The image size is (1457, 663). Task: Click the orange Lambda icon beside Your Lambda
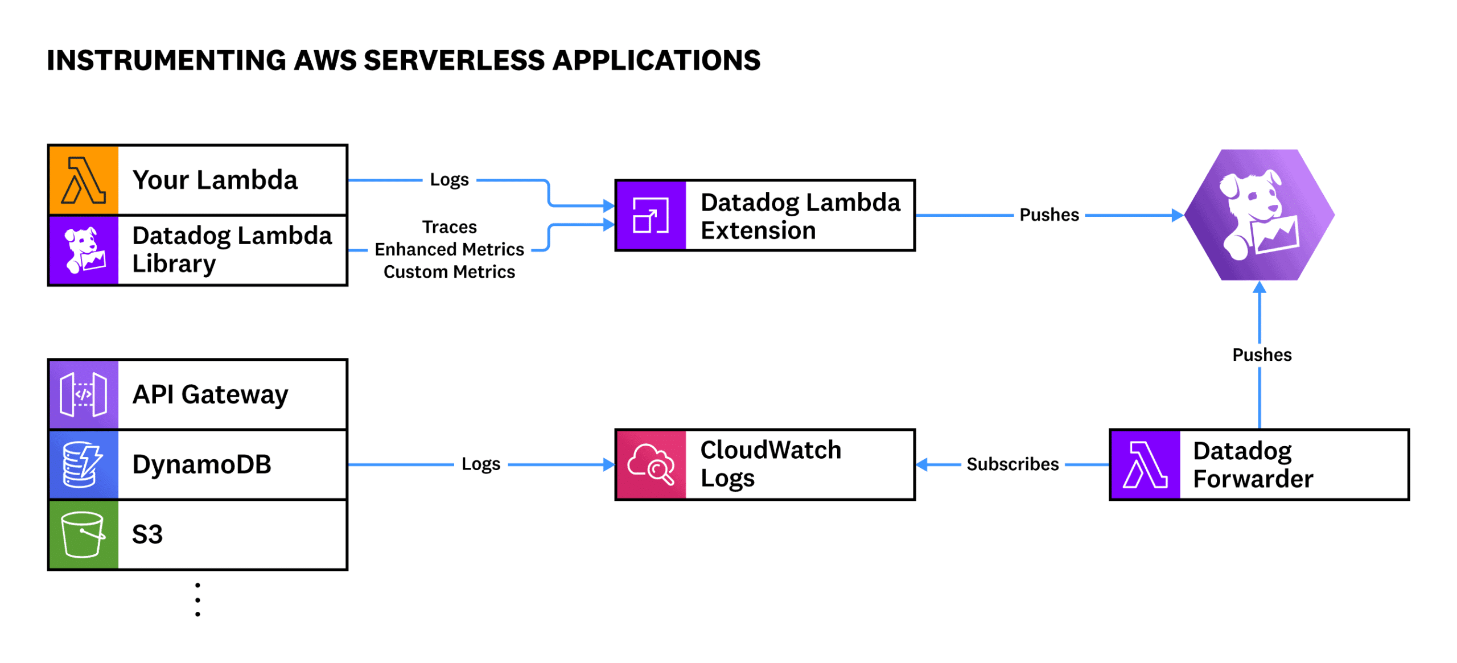click(84, 180)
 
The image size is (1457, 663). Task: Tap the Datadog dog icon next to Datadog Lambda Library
click(84, 250)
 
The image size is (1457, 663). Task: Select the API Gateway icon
click(84, 394)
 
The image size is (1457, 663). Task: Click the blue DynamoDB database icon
click(84, 464)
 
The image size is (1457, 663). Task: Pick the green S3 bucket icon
click(84, 534)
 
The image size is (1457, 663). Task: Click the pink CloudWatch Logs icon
click(651, 464)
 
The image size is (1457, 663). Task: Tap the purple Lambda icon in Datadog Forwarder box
click(1144, 464)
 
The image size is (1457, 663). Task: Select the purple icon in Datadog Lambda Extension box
click(651, 215)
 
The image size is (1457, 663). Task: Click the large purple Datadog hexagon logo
click(1259, 215)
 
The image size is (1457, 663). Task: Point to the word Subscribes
click(1012, 464)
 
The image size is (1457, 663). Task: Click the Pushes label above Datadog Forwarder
click(1261, 355)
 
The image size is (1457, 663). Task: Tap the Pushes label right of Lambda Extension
click(1048, 215)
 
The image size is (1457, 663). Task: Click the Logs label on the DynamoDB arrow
click(480, 464)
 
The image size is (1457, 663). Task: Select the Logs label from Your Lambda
click(449, 180)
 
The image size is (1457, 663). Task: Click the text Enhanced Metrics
click(449, 249)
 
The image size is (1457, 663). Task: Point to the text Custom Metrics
click(449, 272)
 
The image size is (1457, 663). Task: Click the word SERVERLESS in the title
click(454, 60)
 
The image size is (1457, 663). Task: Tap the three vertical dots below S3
click(197, 599)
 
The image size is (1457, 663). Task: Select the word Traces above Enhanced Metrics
click(449, 227)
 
